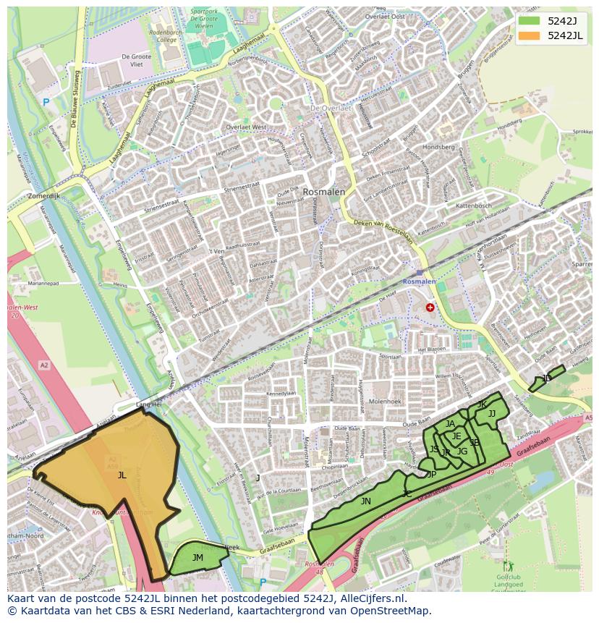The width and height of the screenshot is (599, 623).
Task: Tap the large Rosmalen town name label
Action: point(324,192)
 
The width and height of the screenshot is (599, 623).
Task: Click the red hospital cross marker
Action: point(430,308)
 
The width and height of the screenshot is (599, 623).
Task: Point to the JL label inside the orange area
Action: point(122,475)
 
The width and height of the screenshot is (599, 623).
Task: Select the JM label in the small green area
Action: point(197,557)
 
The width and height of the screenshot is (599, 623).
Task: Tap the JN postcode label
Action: point(365,501)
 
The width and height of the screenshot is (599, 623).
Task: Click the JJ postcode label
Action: point(492,414)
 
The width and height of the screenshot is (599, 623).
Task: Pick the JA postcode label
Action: point(450,424)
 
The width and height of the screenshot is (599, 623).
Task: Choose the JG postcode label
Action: point(462,452)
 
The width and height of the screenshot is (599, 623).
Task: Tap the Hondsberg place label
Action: point(438,147)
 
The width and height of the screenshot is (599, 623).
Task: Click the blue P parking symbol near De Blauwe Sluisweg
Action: point(46,103)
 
